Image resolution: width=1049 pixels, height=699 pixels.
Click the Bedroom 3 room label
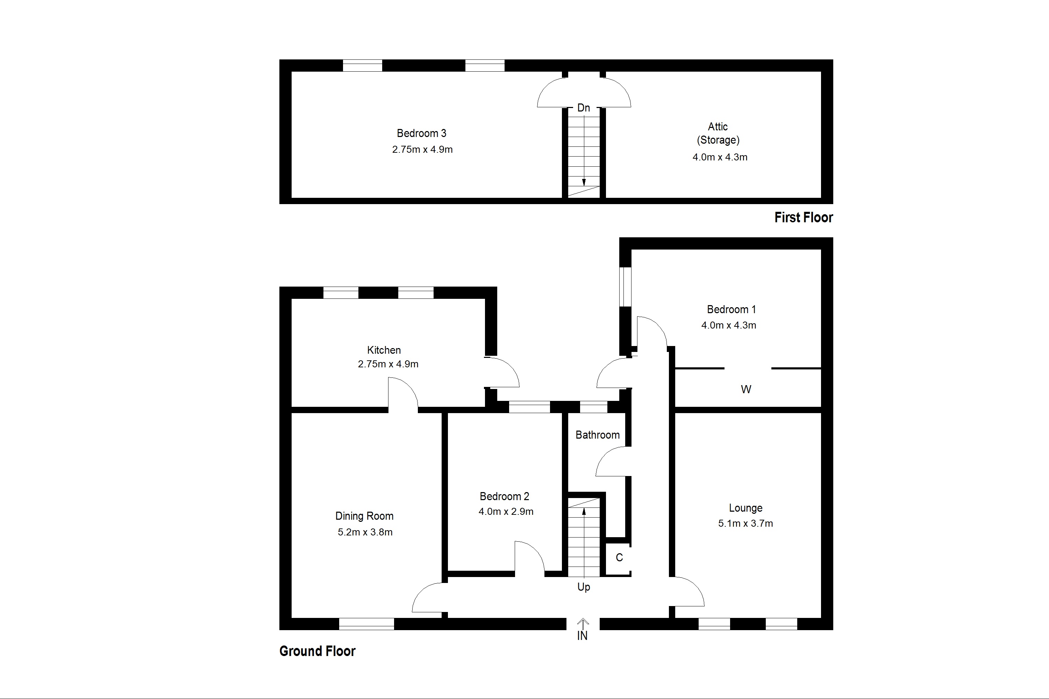click(x=421, y=133)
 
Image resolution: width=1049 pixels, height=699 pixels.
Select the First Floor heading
click(x=803, y=217)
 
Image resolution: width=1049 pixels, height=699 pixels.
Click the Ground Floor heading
click(x=317, y=651)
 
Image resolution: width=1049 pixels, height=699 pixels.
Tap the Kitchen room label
click(x=384, y=350)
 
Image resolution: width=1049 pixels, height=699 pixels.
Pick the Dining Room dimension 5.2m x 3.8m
click(x=365, y=532)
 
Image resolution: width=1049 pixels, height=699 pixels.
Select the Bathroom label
click(x=597, y=435)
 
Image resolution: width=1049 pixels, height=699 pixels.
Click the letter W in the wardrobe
click(x=746, y=390)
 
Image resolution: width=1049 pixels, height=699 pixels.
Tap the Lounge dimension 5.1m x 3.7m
click(x=745, y=523)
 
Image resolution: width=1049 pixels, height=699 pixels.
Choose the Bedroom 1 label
click(x=731, y=309)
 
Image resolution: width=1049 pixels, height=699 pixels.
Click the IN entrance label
click(x=582, y=636)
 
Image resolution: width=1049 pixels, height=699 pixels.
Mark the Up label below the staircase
click(x=583, y=587)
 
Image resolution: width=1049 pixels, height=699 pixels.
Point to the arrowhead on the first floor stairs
click(x=583, y=182)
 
